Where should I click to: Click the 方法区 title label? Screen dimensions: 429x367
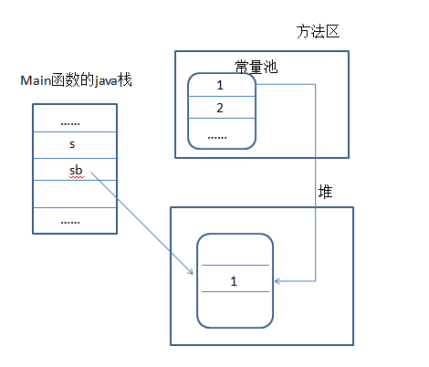pyautogui.click(x=318, y=32)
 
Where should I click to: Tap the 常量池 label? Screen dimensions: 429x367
pyautogui.click(x=256, y=67)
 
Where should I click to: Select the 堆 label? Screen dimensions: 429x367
pyautogui.click(x=325, y=192)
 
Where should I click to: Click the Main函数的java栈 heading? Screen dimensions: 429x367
pyautogui.click(x=76, y=80)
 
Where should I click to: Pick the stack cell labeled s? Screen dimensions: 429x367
pyautogui.click(x=75, y=145)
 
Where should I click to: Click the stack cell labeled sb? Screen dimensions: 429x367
pyautogui.click(x=75, y=169)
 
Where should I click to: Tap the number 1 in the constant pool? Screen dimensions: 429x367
pyautogui.click(x=220, y=85)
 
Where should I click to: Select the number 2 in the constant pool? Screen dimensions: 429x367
pyautogui.click(x=220, y=108)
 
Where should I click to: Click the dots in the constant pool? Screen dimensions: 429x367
pyautogui.click(x=217, y=138)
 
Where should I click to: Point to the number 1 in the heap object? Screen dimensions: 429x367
pyautogui.click(x=234, y=281)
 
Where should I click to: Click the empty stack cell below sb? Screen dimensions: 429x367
pyautogui.click(x=75, y=194)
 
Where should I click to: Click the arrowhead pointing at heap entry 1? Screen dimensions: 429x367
pyautogui.click(x=276, y=281)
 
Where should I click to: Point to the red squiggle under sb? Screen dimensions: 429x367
pyautogui.click(x=77, y=177)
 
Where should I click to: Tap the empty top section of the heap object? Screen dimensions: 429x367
pyautogui.click(x=235, y=249)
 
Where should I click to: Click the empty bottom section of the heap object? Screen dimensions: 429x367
pyautogui.click(x=235, y=309)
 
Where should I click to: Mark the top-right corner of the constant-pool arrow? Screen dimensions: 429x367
pyautogui.click(x=315, y=84)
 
